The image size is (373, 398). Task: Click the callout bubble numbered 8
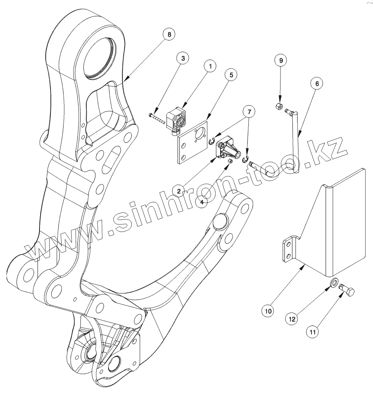tap(169, 34)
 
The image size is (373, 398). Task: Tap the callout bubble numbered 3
tap(182, 58)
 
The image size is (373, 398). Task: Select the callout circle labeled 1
tap(210, 66)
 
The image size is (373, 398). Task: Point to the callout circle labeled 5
tap(231, 75)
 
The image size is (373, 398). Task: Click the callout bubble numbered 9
tap(281, 60)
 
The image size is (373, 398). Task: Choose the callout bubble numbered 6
tap(317, 84)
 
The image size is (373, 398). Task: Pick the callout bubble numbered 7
tap(249, 111)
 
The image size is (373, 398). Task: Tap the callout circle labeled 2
tap(179, 191)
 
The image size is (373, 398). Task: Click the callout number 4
tap(202, 201)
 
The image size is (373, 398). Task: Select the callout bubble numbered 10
tap(268, 311)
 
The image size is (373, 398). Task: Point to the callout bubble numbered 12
tap(292, 319)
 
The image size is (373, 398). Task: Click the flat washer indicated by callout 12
tap(334, 283)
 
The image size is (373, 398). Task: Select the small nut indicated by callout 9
tap(278, 107)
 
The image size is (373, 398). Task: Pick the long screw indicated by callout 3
tap(157, 118)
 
